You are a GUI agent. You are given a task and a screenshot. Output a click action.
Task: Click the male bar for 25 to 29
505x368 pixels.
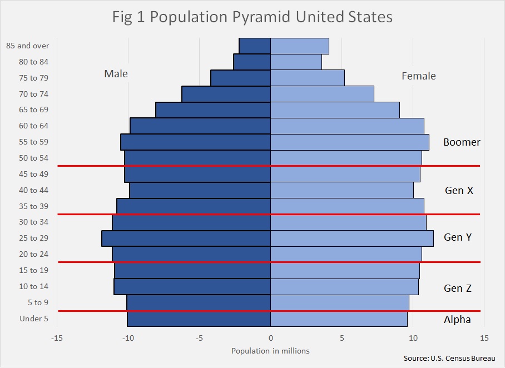(186, 238)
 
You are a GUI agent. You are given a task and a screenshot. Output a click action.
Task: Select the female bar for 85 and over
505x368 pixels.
(300, 46)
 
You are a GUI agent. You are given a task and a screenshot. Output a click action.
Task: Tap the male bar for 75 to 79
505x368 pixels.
(241, 78)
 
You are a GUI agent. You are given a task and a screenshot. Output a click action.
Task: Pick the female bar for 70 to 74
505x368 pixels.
(323, 94)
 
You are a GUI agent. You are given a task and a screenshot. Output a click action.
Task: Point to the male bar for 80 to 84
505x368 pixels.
(252, 62)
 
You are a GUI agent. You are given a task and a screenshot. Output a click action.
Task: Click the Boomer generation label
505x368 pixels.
(462, 142)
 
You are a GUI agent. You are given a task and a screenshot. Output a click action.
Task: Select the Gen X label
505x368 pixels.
(459, 190)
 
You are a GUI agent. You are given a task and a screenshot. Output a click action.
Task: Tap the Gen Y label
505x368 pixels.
(458, 237)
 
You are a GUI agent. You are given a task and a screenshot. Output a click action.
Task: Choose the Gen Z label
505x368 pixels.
(458, 288)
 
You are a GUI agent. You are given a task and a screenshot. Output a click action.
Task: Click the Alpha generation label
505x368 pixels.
(457, 320)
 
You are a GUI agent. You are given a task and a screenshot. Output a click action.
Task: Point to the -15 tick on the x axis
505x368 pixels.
(57, 338)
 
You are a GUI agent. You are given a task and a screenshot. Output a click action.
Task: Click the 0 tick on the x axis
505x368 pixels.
(270, 338)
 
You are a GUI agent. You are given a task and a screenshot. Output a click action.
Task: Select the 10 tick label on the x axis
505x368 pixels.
(413, 338)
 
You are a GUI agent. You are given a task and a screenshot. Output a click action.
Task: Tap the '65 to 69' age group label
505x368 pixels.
(33, 110)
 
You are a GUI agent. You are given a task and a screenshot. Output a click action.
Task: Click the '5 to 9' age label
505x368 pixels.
(38, 302)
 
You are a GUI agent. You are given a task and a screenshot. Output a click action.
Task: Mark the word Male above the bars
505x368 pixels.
(116, 74)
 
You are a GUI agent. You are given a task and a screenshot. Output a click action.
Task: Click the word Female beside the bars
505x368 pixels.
(419, 76)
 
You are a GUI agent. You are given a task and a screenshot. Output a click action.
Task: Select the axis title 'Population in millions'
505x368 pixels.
(270, 351)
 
